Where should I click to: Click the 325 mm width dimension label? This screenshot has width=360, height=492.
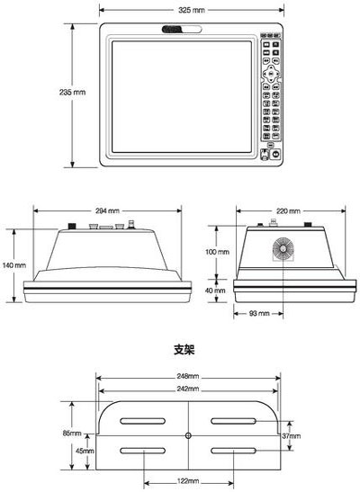point(192,10)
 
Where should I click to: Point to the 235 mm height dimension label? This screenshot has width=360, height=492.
point(72,93)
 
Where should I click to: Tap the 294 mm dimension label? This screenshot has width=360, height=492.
point(107,210)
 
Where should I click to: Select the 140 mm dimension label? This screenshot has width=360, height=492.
point(14,265)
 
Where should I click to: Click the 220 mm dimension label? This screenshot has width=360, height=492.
point(288,210)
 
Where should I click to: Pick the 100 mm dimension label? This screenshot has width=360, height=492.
point(217,252)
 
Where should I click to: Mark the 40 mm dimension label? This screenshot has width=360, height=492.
point(215,291)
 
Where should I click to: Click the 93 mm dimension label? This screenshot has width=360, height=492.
point(259,313)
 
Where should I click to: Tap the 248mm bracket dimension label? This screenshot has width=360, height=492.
point(188,376)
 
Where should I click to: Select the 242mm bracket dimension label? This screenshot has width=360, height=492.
point(188,389)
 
